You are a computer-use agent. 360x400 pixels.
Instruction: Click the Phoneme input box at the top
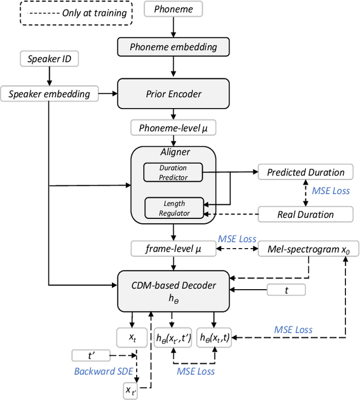(173, 9)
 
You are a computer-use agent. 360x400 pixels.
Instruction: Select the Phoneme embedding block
(173, 47)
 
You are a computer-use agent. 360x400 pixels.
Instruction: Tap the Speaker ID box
(49, 59)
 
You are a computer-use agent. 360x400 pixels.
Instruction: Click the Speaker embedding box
(49, 94)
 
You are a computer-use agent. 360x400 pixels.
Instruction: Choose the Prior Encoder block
(173, 93)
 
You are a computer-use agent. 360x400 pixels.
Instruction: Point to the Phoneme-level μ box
(173, 128)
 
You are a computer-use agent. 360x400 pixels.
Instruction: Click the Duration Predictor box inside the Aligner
(173, 172)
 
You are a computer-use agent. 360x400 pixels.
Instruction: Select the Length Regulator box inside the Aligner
(174, 208)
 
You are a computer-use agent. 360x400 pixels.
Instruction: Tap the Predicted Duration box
(305, 172)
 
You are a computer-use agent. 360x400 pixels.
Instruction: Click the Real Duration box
(305, 214)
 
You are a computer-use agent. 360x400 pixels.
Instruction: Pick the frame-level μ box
(173, 248)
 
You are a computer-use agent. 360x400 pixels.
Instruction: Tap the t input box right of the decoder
(286, 290)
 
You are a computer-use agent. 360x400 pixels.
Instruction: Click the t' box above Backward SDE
(91, 356)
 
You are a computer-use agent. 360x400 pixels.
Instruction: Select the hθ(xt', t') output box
(173, 338)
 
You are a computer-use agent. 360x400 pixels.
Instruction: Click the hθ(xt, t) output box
(214, 338)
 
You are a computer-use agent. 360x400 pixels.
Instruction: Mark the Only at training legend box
(76, 12)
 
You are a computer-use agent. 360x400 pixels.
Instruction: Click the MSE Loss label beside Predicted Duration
(331, 191)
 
